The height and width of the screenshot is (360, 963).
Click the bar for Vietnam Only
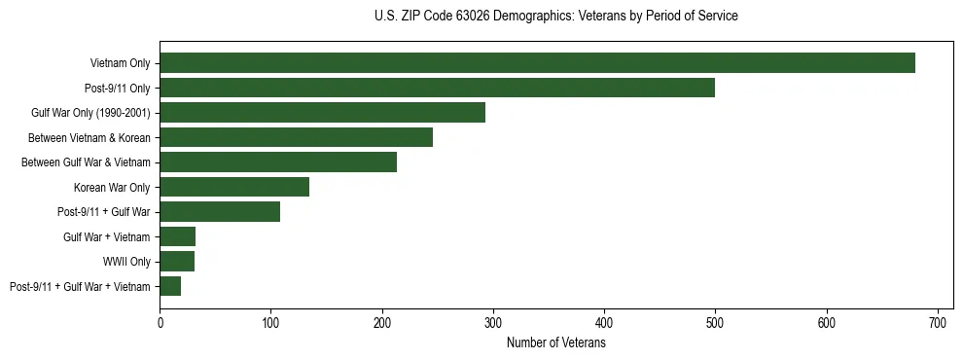(537, 63)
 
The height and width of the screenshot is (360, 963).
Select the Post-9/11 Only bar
(437, 88)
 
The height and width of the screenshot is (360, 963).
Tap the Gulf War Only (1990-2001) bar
(322, 113)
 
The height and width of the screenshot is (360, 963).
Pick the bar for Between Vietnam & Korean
(296, 137)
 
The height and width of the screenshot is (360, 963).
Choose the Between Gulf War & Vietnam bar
(278, 162)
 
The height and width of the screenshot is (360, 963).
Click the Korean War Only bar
(234, 187)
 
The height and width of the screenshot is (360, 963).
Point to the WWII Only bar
(177, 261)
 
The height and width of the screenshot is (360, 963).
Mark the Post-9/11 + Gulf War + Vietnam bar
(170, 286)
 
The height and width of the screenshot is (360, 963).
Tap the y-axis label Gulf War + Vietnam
(107, 236)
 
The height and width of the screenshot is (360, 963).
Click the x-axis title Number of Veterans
(556, 342)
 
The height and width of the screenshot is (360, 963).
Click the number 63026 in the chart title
(467, 17)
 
